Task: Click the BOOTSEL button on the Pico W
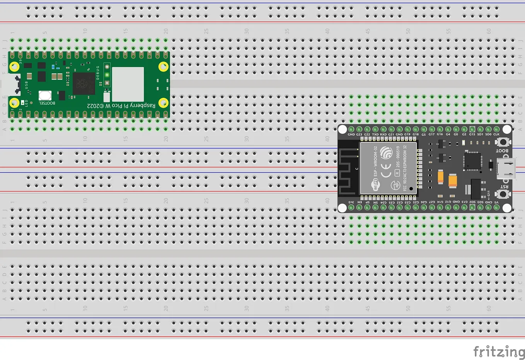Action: tap(45, 96)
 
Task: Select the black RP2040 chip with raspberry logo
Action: tap(84, 84)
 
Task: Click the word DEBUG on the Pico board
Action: tap(98, 73)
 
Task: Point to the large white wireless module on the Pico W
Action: tap(128, 84)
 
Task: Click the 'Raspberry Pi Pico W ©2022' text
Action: tap(121, 106)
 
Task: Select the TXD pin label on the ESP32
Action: tap(375, 135)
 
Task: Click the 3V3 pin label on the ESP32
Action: tap(351, 202)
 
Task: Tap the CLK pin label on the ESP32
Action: tap(496, 135)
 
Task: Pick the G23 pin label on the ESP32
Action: tap(359, 135)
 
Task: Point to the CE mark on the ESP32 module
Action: tap(386, 170)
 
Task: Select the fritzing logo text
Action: tap(499, 351)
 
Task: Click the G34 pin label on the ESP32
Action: tap(384, 202)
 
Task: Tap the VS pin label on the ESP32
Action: tap(496, 202)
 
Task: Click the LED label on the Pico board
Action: tap(26, 103)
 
